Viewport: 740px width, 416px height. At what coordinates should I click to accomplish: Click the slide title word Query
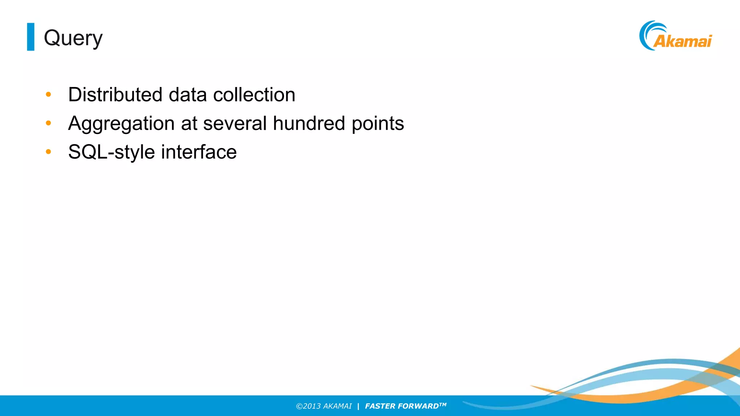pos(73,38)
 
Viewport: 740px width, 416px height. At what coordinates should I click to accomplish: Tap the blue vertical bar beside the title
pos(31,37)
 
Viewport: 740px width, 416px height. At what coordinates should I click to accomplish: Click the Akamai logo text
pos(683,41)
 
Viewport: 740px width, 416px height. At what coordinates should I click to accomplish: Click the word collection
pos(254,95)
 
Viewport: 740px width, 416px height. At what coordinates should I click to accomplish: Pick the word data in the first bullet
pos(188,95)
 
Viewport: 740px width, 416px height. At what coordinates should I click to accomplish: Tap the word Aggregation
pos(121,124)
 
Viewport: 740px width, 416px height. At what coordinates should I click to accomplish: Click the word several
pos(235,123)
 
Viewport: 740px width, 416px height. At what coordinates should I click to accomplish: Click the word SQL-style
pos(111,152)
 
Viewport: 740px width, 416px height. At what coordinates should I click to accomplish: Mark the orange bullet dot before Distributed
pos(48,95)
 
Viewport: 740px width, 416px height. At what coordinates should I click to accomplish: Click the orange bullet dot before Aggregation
pos(48,123)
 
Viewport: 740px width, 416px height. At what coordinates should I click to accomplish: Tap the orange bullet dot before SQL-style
pos(48,152)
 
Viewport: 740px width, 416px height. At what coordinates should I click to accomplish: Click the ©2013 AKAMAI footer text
pos(324,406)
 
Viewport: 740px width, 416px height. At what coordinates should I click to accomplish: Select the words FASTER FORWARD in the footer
pos(402,406)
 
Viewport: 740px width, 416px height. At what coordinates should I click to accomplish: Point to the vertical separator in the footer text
pos(358,406)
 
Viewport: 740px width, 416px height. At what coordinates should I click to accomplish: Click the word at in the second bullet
pos(189,124)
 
